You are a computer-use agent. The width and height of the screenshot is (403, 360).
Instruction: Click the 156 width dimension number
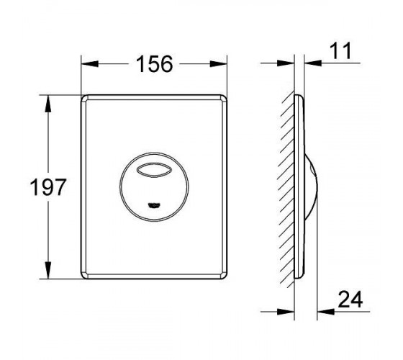[x=155, y=64]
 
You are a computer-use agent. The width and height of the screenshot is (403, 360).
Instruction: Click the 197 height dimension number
[x=48, y=187]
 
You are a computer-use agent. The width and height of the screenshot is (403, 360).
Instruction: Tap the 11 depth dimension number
[x=340, y=51]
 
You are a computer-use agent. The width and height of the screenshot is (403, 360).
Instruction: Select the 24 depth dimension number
[x=350, y=300]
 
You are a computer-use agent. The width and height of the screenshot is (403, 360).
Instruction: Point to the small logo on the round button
[x=154, y=205]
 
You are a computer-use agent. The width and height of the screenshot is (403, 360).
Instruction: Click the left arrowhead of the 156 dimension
[x=90, y=64]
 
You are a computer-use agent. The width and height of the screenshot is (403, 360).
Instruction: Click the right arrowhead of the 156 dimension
[x=219, y=64]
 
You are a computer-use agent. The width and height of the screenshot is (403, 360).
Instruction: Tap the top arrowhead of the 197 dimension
[x=47, y=104]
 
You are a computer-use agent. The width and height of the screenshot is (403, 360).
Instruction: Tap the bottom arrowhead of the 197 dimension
[x=47, y=270]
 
